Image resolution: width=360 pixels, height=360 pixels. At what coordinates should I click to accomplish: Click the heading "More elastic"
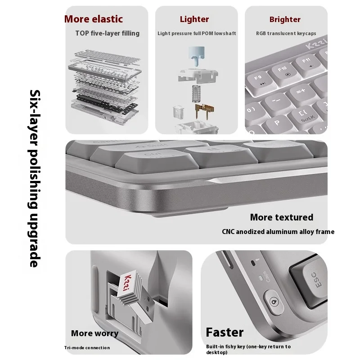[94, 19]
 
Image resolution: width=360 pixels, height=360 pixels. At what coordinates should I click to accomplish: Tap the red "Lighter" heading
[194, 19]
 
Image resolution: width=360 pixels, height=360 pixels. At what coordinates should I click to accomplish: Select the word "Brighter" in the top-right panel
[285, 19]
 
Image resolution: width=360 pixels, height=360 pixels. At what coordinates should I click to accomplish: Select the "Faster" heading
[225, 333]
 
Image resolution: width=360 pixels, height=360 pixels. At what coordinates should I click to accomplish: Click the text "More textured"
[281, 217]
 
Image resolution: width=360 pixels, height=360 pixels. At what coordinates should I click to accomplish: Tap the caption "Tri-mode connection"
[86, 347]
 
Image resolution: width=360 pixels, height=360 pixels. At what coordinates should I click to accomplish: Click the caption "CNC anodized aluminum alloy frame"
[278, 232]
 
